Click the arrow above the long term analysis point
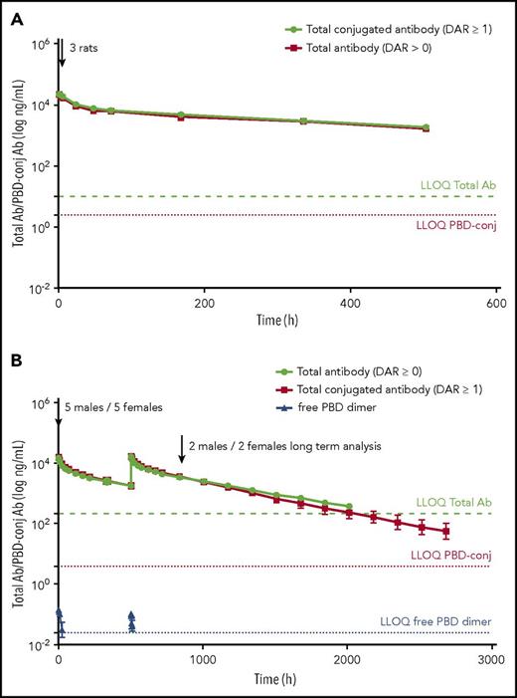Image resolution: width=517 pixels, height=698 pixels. [x=181, y=449]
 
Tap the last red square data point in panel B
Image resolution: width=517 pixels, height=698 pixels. [x=446, y=531]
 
